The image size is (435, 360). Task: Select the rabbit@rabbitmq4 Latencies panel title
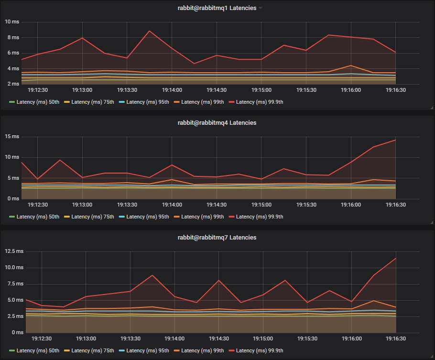point(217,123)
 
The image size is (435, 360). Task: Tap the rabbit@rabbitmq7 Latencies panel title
point(217,237)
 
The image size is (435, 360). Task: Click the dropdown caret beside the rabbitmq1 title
point(261,9)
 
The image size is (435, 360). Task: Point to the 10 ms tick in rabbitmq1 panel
point(12,22)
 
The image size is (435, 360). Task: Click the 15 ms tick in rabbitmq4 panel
point(12,137)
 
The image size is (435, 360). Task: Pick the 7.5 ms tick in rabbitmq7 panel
point(15,284)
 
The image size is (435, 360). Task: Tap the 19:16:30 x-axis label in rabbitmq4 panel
point(396,205)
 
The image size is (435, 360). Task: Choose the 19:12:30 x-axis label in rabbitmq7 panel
point(42,338)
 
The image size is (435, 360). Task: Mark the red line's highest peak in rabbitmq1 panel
point(150,31)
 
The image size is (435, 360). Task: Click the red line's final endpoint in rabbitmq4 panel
point(396,140)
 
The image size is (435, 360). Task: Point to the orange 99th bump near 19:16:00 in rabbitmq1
point(351,65)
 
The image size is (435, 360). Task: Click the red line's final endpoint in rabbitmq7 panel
point(396,258)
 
